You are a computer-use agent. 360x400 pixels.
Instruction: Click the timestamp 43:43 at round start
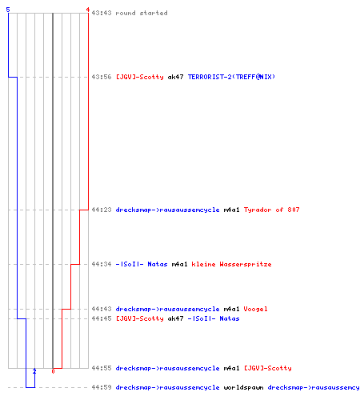[102, 13]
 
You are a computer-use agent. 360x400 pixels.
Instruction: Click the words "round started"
[142, 13]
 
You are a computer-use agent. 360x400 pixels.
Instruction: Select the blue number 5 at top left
[8, 10]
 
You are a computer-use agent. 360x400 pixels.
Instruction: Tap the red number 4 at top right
[88, 10]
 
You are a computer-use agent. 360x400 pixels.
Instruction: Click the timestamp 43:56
[102, 77]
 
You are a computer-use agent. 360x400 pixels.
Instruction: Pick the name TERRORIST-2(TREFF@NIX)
[231, 77]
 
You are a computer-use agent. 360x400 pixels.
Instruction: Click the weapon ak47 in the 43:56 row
[175, 77]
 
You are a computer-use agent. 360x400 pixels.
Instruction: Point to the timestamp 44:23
[102, 210]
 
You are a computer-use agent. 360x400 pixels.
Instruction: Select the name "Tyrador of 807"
[271, 210]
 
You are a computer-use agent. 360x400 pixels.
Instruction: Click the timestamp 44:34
[102, 264]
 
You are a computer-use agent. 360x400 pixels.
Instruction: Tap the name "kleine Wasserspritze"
[231, 264]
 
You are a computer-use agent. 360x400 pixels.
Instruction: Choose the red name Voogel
[255, 309]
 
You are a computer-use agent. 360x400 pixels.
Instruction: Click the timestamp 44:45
[102, 318]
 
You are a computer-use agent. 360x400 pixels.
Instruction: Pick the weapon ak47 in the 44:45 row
[175, 318]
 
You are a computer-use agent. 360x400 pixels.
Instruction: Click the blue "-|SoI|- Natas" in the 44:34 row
[142, 264]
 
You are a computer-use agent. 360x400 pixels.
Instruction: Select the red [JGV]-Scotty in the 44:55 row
[268, 368]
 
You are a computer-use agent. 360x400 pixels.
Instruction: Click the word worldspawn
[243, 387]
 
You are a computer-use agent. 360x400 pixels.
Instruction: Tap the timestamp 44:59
[102, 387]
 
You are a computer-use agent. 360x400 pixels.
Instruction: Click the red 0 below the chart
[53, 371]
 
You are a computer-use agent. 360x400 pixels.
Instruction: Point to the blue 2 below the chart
[34, 371]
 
